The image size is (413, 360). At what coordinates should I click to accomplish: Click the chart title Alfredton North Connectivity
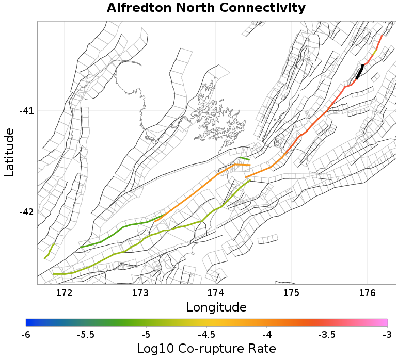[206, 8]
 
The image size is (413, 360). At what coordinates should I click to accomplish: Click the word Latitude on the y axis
[9, 153]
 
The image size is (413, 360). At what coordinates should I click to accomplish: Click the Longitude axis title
[216, 308]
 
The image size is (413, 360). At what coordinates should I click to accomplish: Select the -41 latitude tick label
[26, 111]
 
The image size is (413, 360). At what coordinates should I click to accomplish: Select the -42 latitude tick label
[26, 211]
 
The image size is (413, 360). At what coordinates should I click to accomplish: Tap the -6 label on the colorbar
[26, 335]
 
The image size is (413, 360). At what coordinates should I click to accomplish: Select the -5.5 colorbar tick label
[86, 335]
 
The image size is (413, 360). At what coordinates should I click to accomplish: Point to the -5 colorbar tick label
[146, 335]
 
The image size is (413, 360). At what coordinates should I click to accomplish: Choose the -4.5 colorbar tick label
[206, 335]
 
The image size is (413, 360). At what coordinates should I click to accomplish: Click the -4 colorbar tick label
[266, 335]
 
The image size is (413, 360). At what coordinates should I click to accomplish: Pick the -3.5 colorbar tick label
[327, 335]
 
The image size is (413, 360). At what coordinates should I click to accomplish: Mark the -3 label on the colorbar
[387, 335]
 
